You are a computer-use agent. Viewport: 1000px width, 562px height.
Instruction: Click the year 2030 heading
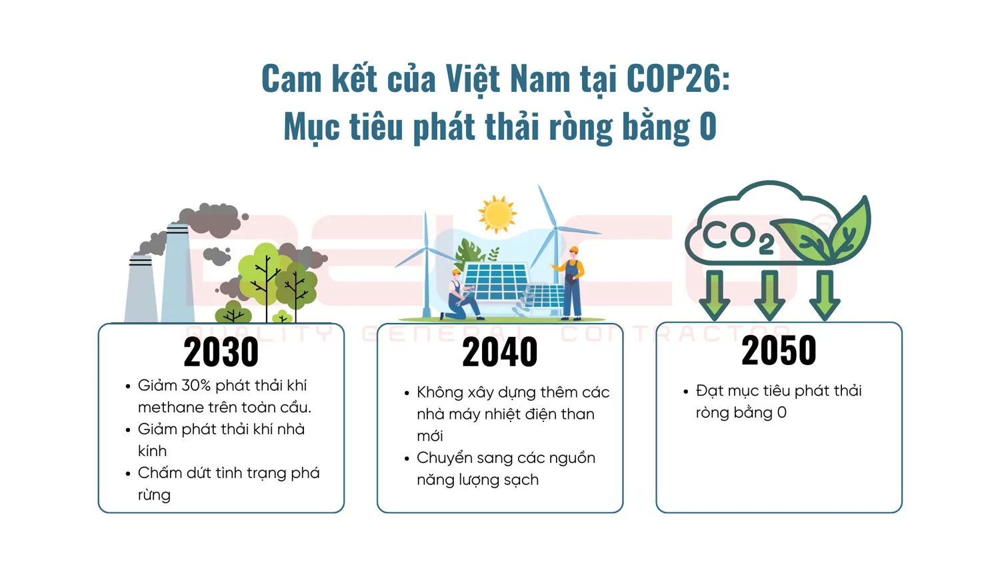click(x=221, y=353)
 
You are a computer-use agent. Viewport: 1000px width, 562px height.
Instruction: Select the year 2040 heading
click(x=499, y=353)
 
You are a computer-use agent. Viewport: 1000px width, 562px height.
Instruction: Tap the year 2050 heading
click(x=779, y=350)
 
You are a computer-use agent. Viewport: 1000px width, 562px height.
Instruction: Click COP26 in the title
click(x=674, y=79)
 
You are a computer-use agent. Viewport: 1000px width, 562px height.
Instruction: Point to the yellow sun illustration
click(x=497, y=214)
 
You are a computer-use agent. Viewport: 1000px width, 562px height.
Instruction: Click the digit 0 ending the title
click(x=707, y=127)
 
